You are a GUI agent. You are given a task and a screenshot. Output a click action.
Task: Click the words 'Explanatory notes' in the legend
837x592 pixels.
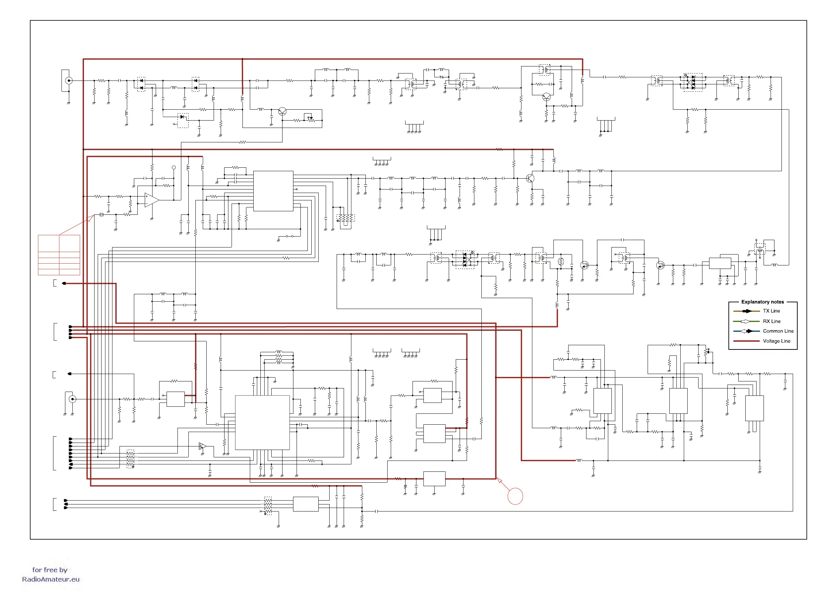click(762, 302)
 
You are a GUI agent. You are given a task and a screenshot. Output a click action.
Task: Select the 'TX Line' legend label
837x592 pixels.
click(771, 311)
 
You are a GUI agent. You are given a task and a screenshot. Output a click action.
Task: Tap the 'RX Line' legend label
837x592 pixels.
click(771, 321)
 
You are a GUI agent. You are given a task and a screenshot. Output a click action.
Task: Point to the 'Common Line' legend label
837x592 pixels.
click(778, 331)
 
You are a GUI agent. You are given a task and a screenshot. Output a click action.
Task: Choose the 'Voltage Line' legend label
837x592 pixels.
click(777, 341)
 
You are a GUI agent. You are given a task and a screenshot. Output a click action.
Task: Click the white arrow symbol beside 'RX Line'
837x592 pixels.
click(746, 321)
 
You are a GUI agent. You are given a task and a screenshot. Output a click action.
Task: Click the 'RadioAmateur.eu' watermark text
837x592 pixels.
click(51, 579)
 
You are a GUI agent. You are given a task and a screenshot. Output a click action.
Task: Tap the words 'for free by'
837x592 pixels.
click(50, 570)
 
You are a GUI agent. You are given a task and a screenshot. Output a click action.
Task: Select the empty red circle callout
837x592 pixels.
click(515, 496)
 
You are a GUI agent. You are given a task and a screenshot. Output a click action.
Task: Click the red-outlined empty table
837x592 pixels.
click(59, 255)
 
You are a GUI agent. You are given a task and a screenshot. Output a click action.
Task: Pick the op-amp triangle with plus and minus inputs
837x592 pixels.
click(151, 200)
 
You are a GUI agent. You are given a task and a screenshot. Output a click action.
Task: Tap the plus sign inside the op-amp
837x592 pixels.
click(147, 197)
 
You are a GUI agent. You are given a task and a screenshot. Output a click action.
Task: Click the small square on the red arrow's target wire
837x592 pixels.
click(101, 214)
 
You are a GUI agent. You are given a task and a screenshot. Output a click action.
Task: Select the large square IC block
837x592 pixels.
click(262, 423)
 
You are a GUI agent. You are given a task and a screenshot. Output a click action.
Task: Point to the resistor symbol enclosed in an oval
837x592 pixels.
click(561, 261)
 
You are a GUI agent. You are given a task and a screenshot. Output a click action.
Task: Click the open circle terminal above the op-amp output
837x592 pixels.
click(174, 167)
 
